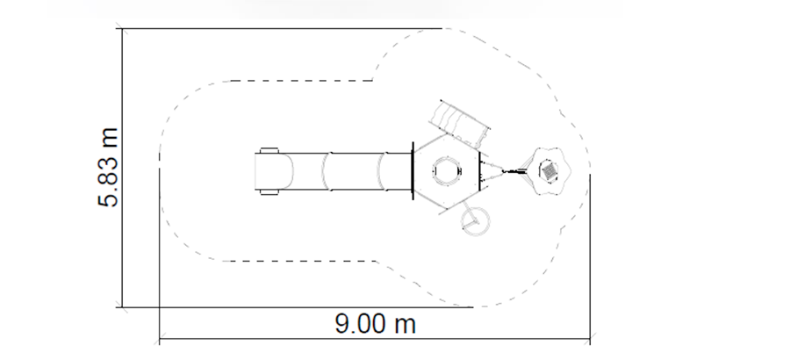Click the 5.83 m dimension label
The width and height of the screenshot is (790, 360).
tap(108, 168)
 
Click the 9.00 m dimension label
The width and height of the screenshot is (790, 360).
tap(376, 323)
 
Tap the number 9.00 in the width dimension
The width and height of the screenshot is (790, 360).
tap(358, 323)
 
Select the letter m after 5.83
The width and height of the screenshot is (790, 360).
tap(108, 138)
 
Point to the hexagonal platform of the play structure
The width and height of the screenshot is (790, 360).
tap(446, 171)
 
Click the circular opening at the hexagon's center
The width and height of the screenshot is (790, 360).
tap(447, 171)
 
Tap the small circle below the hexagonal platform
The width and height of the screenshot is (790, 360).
tap(475, 221)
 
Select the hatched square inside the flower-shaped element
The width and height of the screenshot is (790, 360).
tap(549, 170)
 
